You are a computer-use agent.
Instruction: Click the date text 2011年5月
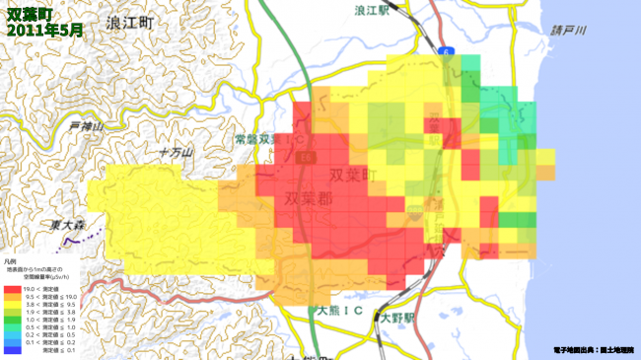[44, 31]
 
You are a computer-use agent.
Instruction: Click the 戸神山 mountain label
[87, 126]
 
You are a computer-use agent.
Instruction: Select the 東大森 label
[71, 226]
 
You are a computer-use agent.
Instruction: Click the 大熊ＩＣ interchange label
[340, 311]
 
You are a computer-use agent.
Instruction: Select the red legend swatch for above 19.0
[12, 288]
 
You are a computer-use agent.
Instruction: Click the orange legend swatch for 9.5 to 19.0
[12, 297]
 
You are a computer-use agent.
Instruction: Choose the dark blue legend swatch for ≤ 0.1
[12, 350]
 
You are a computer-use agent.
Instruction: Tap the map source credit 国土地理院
[618, 350]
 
